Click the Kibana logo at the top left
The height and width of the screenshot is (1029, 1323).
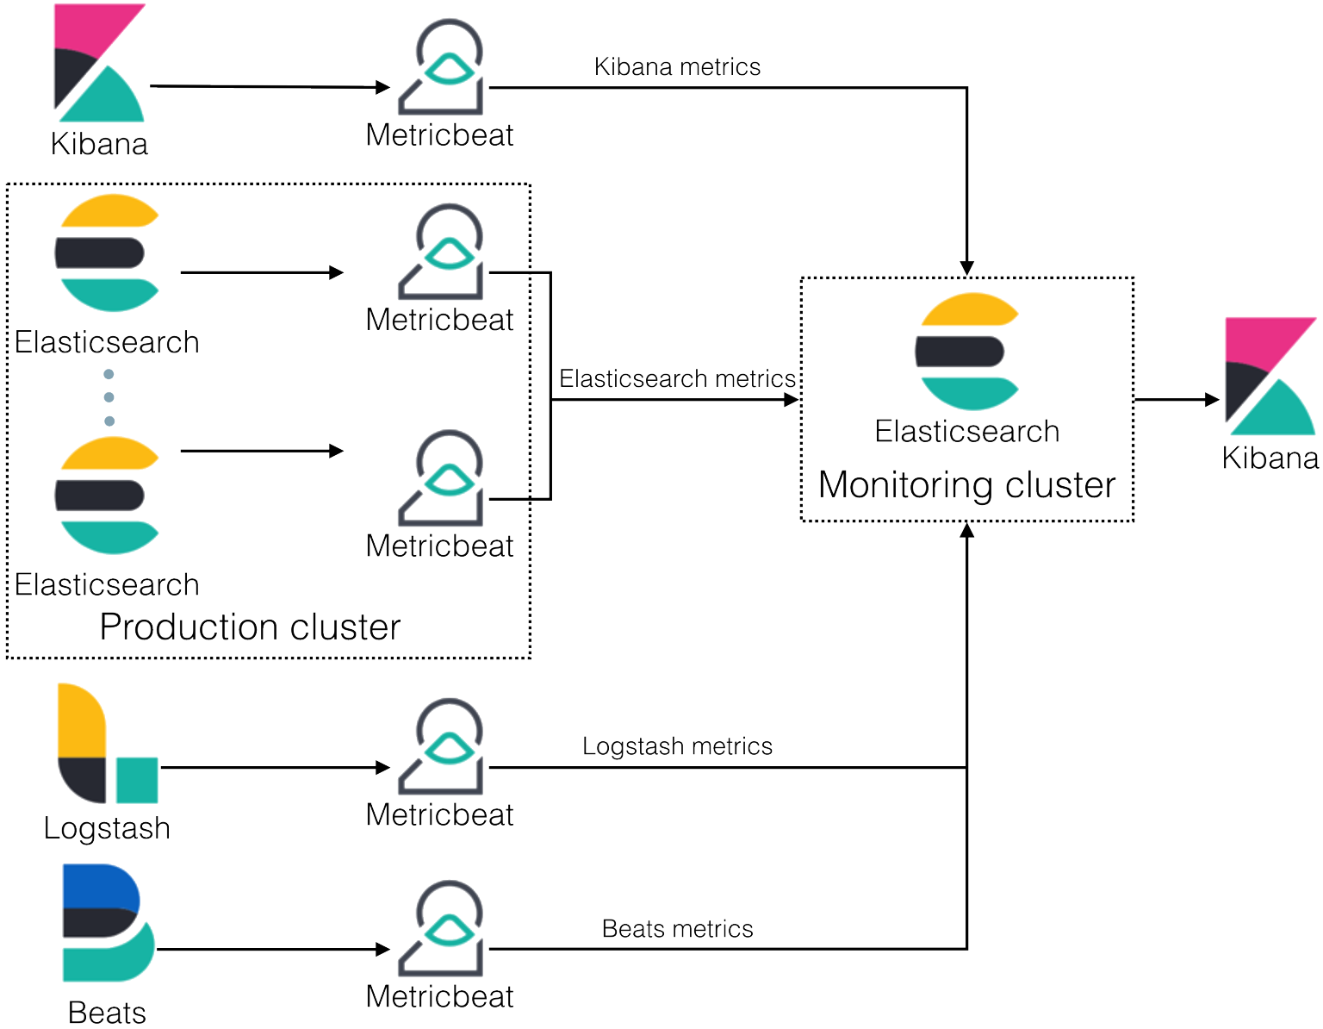98,62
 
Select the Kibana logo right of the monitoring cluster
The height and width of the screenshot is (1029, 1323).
1270,376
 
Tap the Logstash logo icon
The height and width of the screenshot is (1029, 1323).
106,743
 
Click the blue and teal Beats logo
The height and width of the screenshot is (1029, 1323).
107,922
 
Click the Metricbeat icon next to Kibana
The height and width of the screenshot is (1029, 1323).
440,68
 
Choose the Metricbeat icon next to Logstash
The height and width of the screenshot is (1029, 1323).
440,748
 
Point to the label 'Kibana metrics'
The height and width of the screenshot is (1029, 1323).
678,66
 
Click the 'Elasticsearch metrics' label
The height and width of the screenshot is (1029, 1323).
678,378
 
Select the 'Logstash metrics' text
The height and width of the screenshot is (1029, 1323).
678,745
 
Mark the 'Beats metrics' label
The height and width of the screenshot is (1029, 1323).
678,929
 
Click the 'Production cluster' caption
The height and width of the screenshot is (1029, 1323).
250,627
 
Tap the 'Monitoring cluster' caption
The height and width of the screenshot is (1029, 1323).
966,485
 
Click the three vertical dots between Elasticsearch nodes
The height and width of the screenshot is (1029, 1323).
109,397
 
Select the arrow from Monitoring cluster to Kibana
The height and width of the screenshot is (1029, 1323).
1177,401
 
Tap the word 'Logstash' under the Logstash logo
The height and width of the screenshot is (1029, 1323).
107,828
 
